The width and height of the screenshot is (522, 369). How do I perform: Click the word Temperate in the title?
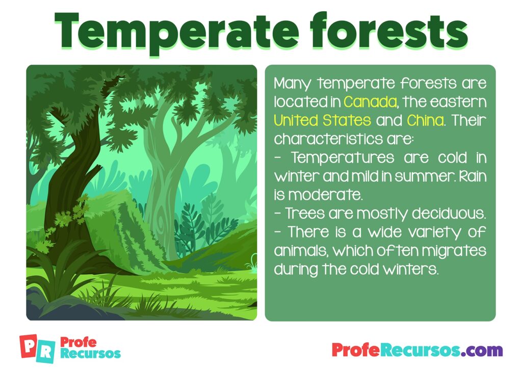[176, 32]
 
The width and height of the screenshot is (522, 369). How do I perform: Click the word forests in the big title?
[388, 30]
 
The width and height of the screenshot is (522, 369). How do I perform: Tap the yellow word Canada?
[370, 101]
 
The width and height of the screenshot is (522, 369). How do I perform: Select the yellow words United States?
[322, 120]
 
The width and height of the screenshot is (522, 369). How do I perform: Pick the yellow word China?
[425, 120]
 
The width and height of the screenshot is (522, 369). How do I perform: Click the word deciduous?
[449, 213]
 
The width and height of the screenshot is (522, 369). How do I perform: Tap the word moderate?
[325, 195]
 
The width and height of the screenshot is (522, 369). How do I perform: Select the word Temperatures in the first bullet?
[343, 157]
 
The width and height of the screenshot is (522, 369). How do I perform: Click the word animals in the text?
[301, 251]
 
